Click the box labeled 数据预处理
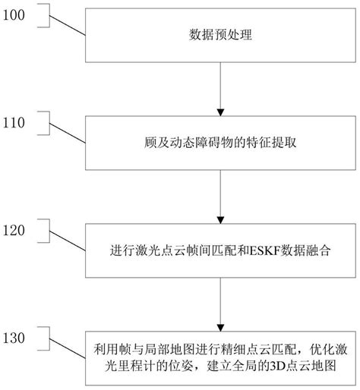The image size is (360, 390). coord(218,35)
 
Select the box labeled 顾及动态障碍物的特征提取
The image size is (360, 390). coord(218,142)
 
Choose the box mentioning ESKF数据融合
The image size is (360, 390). coord(218,248)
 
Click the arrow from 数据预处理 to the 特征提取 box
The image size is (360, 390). coord(219,89)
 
